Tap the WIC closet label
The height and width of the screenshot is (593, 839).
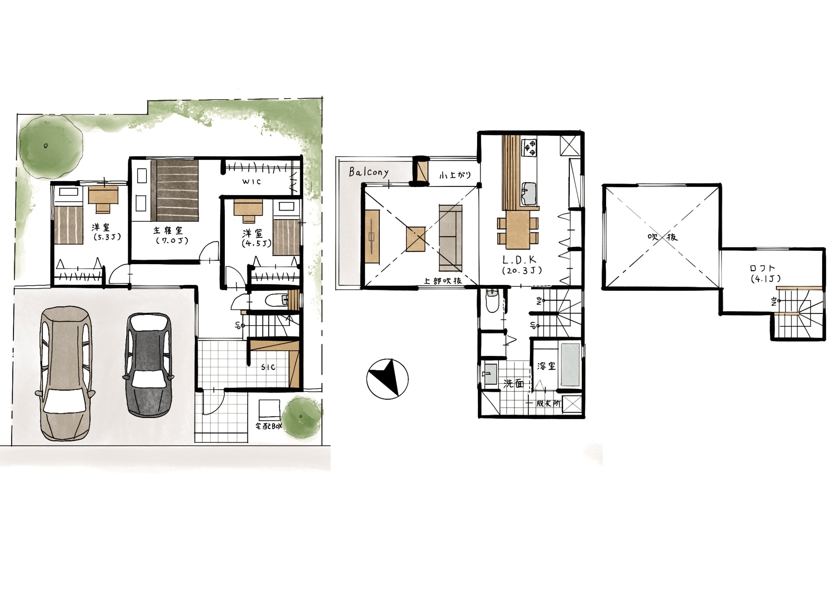(x=252, y=181)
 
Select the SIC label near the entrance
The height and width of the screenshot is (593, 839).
(x=268, y=367)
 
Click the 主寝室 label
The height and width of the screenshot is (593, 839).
(x=168, y=230)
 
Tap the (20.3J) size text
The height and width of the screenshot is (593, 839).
(x=521, y=271)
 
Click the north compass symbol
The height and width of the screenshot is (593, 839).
(x=387, y=379)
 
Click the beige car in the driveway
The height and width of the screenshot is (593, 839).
(x=65, y=373)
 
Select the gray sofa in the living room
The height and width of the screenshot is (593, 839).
(x=450, y=238)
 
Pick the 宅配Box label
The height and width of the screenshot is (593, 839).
(x=269, y=426)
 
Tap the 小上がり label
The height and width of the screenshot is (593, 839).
(x=455, y=175)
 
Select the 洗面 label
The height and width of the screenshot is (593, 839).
(x=514, y=383)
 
